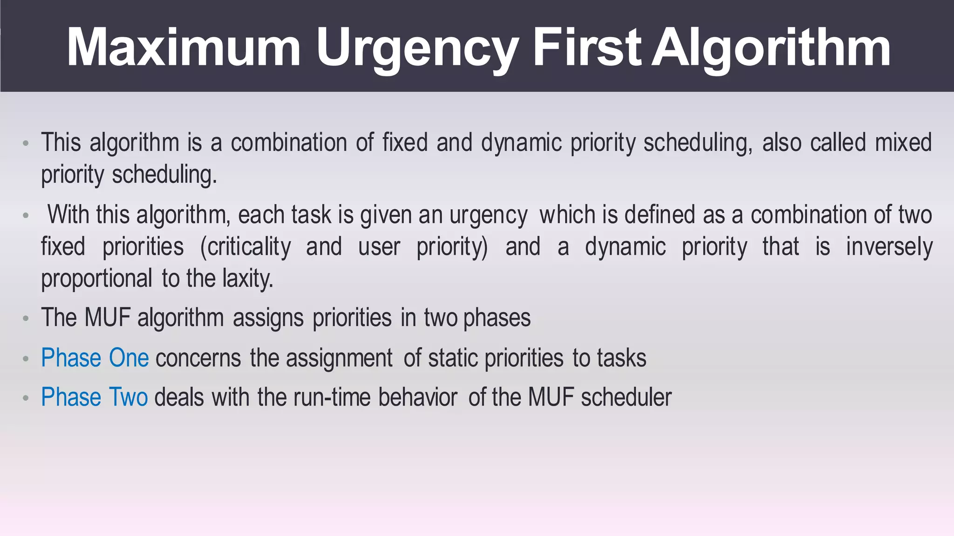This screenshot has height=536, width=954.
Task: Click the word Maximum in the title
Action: [184, 48]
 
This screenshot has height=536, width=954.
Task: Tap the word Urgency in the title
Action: [417, 48]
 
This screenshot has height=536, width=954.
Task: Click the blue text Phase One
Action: [95, 358]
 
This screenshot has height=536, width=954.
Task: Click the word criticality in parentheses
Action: [245, 247]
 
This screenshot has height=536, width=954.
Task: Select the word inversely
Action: [889, 247]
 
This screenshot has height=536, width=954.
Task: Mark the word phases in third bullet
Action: [497, 318]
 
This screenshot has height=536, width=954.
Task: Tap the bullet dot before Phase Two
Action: [26, 399]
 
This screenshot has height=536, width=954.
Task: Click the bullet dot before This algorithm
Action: [26, 143]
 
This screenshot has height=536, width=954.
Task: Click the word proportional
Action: [96, 278]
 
